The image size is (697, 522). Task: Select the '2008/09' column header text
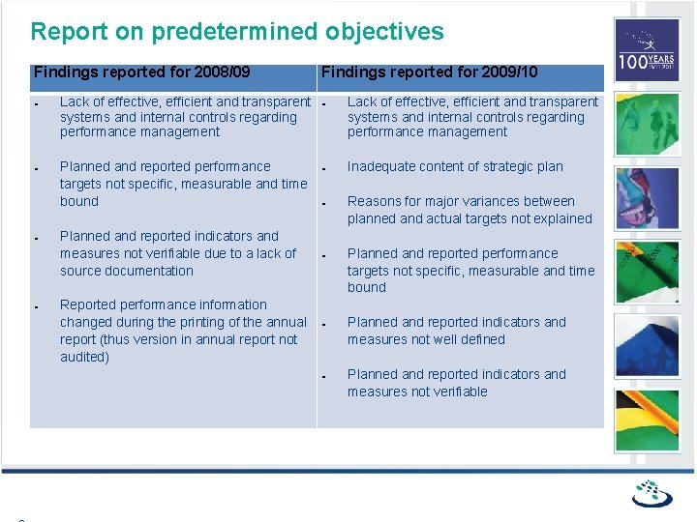222,72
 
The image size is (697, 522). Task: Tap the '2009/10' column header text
509,72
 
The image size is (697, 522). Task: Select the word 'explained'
558,218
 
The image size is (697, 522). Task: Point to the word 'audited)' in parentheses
84,357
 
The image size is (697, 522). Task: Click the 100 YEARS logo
647,50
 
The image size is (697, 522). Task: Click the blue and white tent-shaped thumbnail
647,345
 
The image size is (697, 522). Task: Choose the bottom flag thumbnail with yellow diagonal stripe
647,420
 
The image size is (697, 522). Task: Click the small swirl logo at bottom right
652,493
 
